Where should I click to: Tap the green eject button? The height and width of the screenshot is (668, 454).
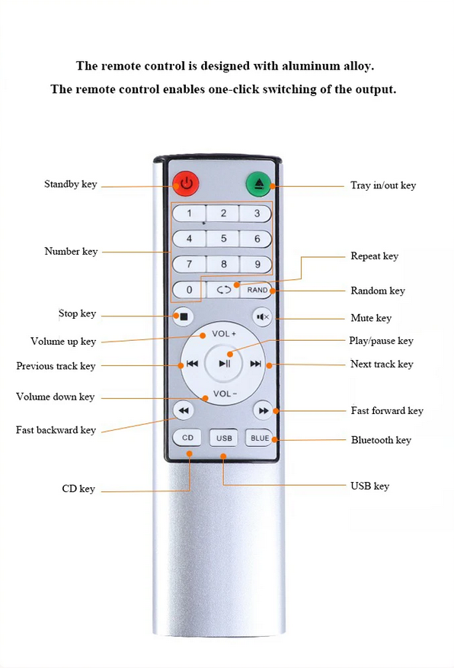click(x=259, y=184)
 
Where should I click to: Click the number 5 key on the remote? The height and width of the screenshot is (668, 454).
click(x=223, y=239)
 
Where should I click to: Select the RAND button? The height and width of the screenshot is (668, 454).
click(x=257, y=290)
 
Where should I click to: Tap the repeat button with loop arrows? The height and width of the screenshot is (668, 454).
click(x=223, y=290)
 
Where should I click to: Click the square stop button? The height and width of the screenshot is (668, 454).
click(x=184, y=316)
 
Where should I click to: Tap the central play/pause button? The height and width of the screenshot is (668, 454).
click(x=224, y=364)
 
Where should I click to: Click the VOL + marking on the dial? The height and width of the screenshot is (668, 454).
click(x=224, y=333)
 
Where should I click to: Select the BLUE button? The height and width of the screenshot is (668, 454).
click(x=260, y=438)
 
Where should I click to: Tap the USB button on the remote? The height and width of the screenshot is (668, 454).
click(x=224, y=438)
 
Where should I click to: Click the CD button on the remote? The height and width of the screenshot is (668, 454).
click(x=187, y=438)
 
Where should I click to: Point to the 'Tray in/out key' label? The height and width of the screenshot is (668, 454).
click(x=383, y=185)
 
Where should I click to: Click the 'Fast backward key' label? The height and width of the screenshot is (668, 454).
click(x=56, y=430)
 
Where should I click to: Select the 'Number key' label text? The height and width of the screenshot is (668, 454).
click(x=71, y=252)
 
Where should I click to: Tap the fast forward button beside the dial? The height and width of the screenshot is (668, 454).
click(x=263, y=411)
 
